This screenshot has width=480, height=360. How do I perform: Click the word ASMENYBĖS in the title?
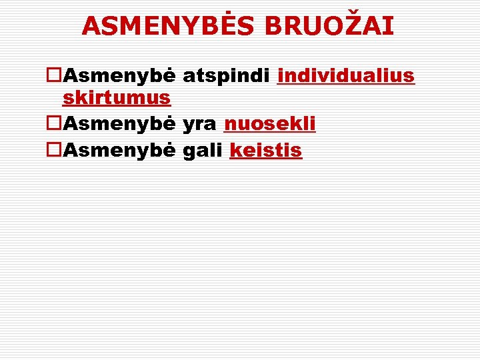169,26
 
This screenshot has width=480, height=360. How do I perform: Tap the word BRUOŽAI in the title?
329,26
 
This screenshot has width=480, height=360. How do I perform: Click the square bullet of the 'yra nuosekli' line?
54,124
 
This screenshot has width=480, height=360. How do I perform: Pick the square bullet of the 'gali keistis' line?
54,151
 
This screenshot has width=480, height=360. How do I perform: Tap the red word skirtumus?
117,98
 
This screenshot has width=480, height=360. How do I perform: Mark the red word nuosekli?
270,124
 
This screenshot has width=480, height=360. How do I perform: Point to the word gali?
202,151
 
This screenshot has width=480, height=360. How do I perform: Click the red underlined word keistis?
265,151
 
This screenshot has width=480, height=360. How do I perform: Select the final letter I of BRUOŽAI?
389,26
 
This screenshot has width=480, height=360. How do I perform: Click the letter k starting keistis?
235,151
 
